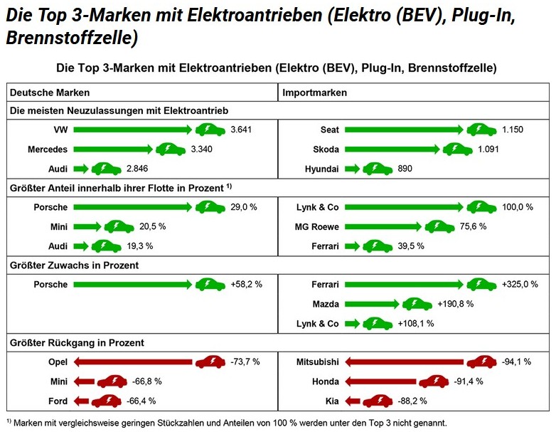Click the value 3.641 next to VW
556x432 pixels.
[x=242, y=130]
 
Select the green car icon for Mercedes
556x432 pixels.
[x=171, y=149]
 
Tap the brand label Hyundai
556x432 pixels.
[x=321, y=169]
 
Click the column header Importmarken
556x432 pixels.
[x=314, y=93]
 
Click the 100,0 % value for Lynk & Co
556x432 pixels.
[x=517, y=207]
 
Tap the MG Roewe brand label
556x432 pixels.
[x=317, y=226]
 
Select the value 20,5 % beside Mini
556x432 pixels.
[x=152, y=226]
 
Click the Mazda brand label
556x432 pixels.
[x=326, y=304]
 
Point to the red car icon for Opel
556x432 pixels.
[x=210, y=362]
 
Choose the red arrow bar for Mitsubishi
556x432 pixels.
[x=408, y=362]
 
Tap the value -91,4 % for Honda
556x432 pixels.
[x=469, y=381]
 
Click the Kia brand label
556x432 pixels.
[x=331, y=401]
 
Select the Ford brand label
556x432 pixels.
[x=58, y=401]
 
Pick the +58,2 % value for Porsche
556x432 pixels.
[x=246, y=284]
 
